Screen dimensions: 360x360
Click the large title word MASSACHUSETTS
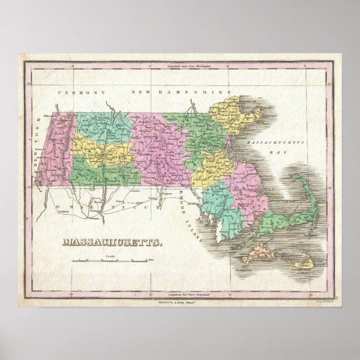(111, 243)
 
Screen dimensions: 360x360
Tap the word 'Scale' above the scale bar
(107, 255)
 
